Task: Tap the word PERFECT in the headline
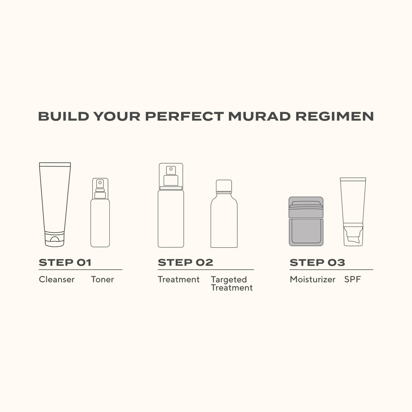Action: (184, 116)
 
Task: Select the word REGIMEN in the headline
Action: (334, 116)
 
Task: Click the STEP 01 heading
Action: (65, 263)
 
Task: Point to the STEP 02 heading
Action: (185, 263)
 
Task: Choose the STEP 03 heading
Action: (317, 263)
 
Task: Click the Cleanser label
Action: (57, 279)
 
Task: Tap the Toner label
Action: (102, 279)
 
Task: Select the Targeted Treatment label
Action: (232, 284)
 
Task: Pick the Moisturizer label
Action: (313, 279)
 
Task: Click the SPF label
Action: (352, 279)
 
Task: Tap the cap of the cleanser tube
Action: (54, 239)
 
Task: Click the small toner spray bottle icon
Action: (100, 213)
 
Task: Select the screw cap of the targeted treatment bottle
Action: (224, 186)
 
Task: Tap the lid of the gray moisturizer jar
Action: (306, 207)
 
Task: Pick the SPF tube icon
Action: (353, 211)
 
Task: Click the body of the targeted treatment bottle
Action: (224, 222)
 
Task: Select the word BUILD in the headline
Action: (63, 116)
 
